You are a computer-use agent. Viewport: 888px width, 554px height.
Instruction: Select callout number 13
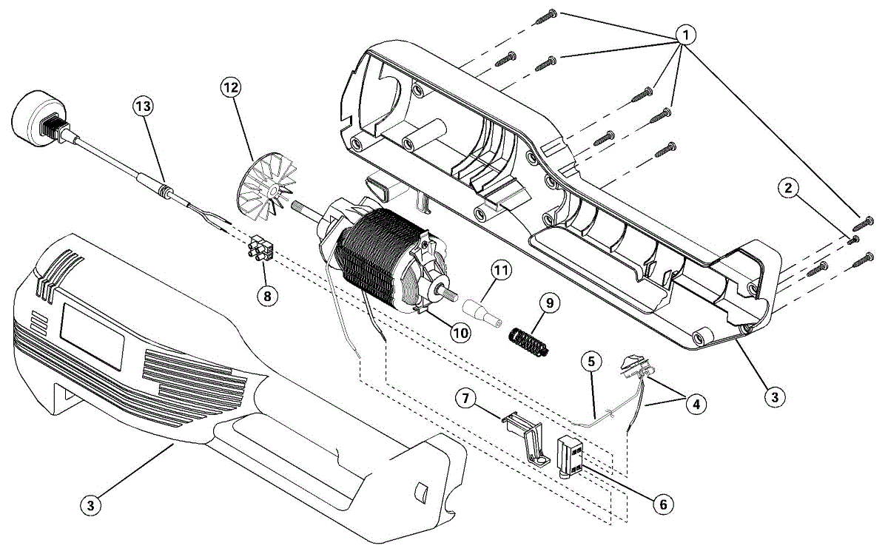point(143,107)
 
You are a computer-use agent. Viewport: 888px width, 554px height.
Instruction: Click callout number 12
point(231,87)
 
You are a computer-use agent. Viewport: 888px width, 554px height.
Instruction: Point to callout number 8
point(267,296)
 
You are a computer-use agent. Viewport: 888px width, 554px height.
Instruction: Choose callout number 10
point(460,333)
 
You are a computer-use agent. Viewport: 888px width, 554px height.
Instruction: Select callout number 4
point(694,404)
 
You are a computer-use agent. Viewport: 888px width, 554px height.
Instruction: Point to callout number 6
point(662,504)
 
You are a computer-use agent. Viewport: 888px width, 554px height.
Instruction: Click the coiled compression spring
point(528,342)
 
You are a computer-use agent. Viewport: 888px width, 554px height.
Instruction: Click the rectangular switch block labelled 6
point(570,458)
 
